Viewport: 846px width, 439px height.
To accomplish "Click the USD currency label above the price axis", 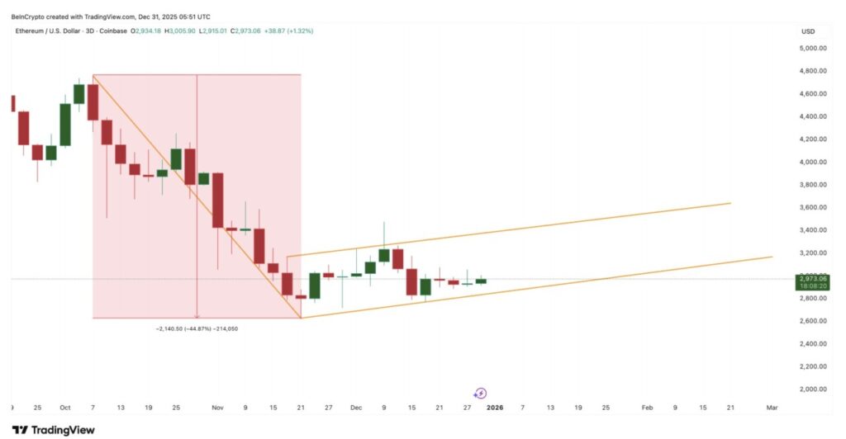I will [807, 31].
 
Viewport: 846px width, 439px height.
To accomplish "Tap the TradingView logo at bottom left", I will [54, 430].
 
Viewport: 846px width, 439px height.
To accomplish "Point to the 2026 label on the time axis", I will [494, 408].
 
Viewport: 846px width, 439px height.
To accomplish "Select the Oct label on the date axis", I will [64, 408].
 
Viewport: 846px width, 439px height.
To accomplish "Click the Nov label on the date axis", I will [218, 408].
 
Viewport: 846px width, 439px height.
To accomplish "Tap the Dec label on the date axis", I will [356, 408].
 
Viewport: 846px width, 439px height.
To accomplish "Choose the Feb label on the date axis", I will [648, 408].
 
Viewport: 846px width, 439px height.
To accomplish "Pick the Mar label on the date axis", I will [772, 408].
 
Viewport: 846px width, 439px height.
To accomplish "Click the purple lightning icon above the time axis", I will [481, 394].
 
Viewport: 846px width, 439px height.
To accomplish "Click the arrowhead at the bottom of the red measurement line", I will [197, 315].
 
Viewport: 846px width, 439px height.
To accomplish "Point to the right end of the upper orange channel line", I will [731, 202].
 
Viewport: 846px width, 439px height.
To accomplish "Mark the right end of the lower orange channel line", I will [772, 257].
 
